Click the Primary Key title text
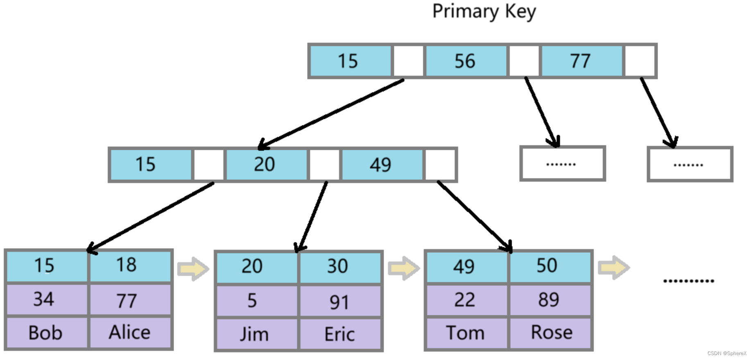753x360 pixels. [484, 11]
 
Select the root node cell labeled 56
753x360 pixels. [466, 61]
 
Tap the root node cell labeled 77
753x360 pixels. [581, 61]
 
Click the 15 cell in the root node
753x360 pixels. [349, 61]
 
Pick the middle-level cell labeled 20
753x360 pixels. [265, 165]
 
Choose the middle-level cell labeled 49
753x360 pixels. [381, 165]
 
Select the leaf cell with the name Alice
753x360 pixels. [130, 332]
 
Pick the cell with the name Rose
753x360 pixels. [551, 332]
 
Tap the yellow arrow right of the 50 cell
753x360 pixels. [613, 268]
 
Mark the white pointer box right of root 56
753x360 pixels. [524, 61]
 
